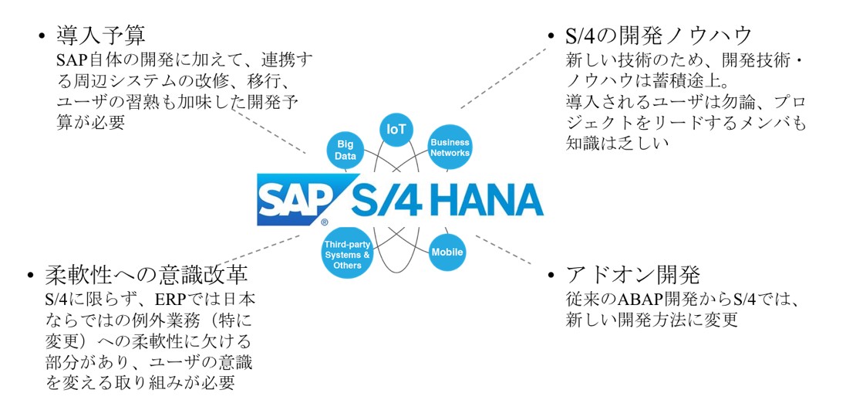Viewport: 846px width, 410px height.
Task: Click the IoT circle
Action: [396, 129]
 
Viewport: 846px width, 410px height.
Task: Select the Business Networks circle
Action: [450, 147]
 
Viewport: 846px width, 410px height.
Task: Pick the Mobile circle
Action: [447, 252]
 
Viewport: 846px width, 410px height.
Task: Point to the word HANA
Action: [486, 201]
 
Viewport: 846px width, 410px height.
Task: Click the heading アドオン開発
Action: [633, 276]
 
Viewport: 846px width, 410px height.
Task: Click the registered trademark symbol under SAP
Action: [325, 223]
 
